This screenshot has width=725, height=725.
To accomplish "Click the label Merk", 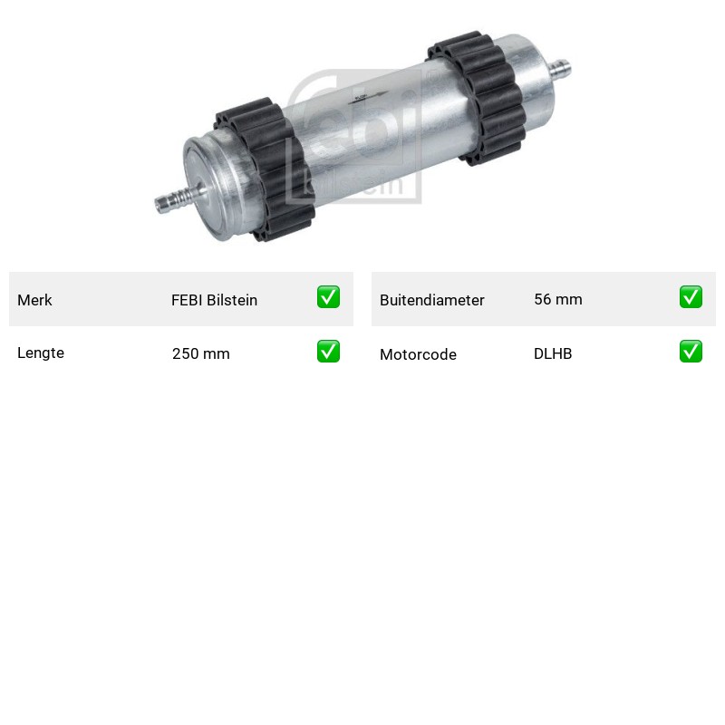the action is click(x=34, y=300).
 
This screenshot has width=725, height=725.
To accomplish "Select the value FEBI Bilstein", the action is click(x=214, y=300).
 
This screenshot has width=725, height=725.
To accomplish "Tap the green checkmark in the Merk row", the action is click(x=328, y=297).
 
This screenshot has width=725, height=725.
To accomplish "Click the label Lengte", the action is click(x=41, y=353).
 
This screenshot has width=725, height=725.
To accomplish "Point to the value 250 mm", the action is click(x=200, y=353).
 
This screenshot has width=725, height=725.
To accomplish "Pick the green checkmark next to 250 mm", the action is click(x=328, y=352).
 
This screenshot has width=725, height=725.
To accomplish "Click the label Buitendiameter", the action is click(x=432, y=300).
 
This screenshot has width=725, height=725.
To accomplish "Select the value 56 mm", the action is click(x=558, y=299).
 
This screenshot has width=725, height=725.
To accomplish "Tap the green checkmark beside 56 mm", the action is click(x=691, y=297).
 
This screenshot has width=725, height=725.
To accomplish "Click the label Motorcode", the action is click(x=418, y=354).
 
